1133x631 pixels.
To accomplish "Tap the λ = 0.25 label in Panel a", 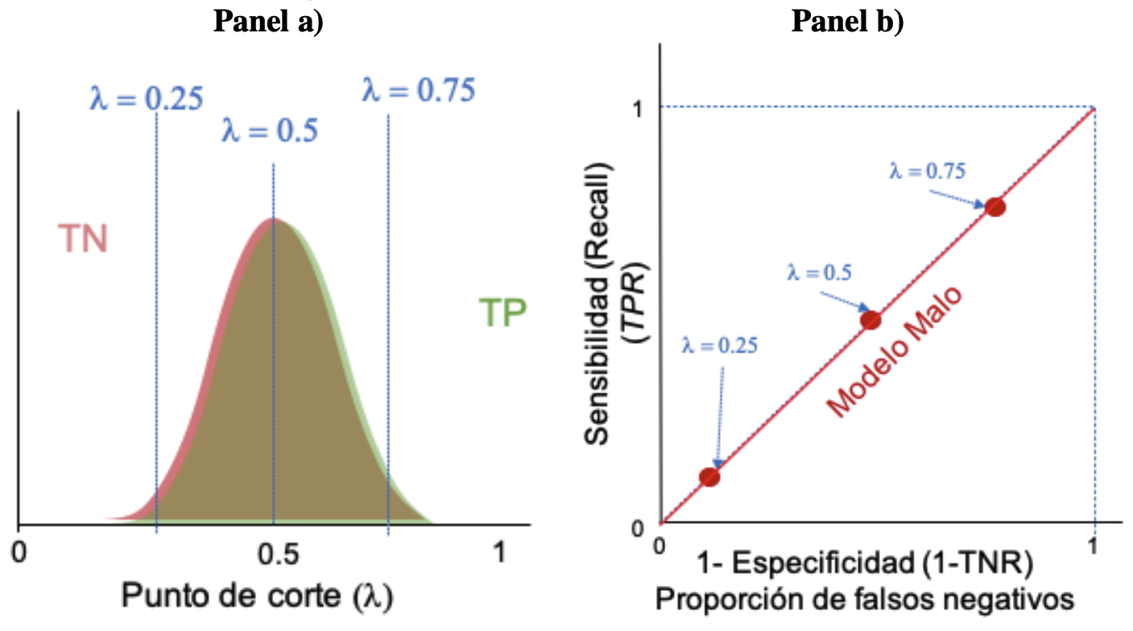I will coord(146,97).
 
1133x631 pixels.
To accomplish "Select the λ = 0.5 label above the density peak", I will coord(270,130).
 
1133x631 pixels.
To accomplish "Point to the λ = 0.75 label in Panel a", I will coord(419,89).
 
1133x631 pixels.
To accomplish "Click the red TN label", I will coord(82,238).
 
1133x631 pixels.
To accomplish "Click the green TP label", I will coord(502,313).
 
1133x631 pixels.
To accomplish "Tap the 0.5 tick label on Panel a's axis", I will coord(277,555).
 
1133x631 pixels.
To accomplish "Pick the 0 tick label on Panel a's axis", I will coord(19,555).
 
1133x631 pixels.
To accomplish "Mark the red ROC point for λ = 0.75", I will coord(995,207).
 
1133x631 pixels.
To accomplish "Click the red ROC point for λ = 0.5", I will coord(870,320).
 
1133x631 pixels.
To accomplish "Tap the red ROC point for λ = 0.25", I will coord(709,476).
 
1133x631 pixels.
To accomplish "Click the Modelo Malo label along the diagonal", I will coord(894,356).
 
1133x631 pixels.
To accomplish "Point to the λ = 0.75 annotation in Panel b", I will coord(927,171).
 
